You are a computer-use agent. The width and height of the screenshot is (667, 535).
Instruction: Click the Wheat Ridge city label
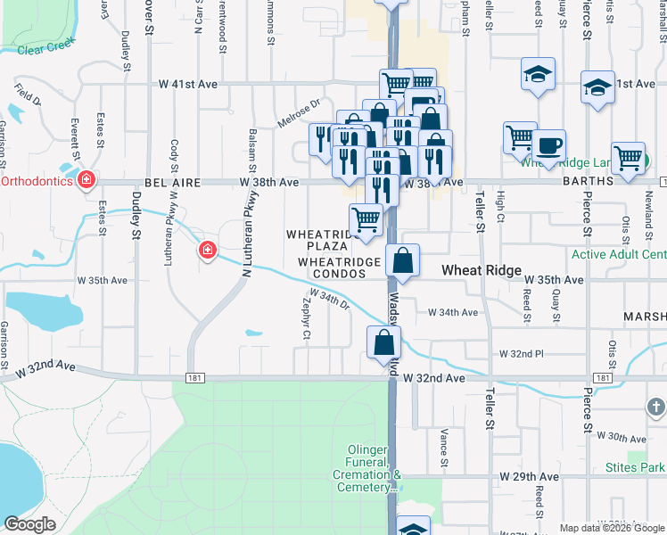click(x=482, y=270)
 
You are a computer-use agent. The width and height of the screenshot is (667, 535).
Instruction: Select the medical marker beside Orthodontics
click(x=86, y=181)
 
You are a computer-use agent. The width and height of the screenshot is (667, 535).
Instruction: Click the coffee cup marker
click(x=548, y=145)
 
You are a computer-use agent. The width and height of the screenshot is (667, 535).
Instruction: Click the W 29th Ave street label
click(x=531, y=477)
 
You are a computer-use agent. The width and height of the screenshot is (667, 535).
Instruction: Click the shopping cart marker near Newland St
click(x=629, y=158)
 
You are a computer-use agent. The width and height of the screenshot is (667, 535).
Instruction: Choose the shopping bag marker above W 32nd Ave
click(x=383, y=342)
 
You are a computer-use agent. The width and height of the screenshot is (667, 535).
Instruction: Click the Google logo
click(x=30, y=524)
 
